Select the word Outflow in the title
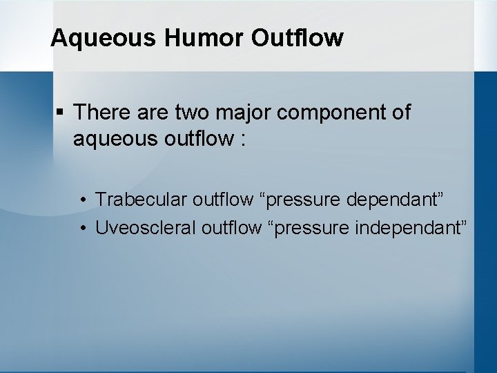(297, 38)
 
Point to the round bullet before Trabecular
(82, 200)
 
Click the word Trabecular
(141, 200)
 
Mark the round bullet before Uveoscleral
(82, 227)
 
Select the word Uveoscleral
(146, 227)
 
